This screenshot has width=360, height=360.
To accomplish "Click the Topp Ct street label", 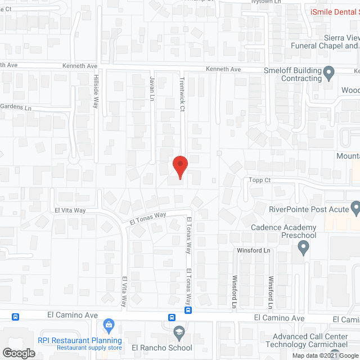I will click(x=260, y=180).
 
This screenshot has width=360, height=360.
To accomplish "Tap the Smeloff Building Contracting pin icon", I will click(x=330, y=71).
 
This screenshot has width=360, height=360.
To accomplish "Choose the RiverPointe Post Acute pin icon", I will click(x=355, y=209).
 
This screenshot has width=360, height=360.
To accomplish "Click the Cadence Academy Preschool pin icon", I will click(x=304, y=246).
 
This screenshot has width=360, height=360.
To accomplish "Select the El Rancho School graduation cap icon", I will click(x=179, y=332).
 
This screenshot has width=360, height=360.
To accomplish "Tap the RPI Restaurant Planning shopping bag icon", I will click(x=109, y=325).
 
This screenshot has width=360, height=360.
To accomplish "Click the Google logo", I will click(x=19, y=353).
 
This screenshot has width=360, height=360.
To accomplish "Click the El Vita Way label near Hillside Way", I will click(x=70, y=210).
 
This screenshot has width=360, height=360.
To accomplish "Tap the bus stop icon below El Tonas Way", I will click(x=188, y=310).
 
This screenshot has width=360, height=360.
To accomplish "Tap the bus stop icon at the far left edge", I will click(x=16, y=317).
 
